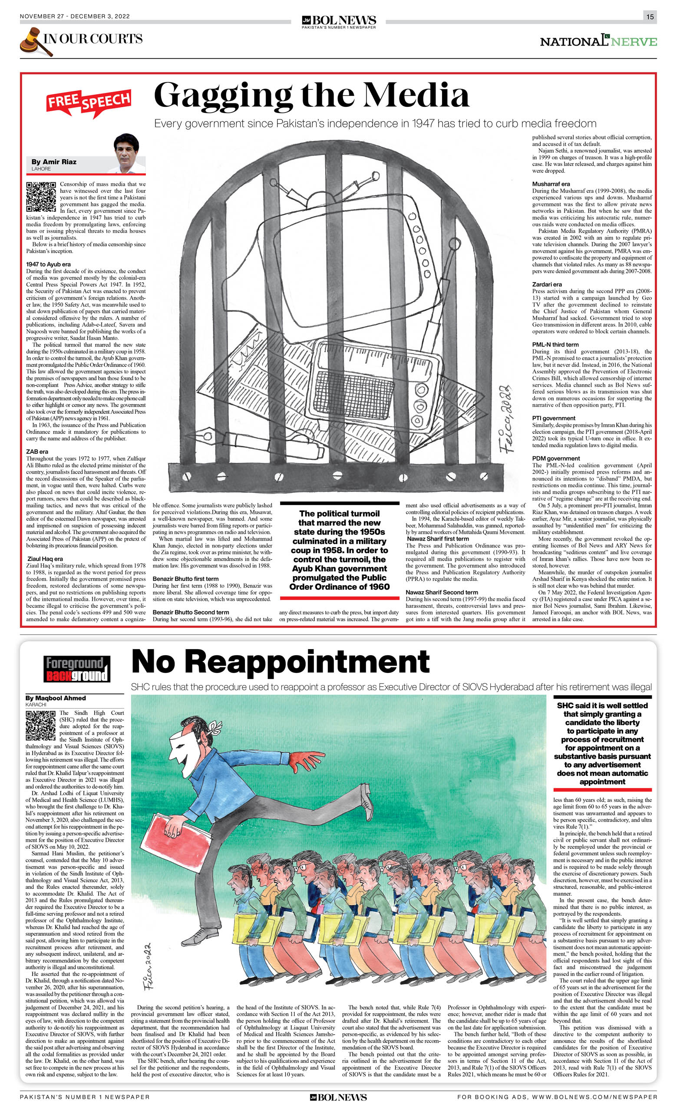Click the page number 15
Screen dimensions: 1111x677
(x=650, y=16)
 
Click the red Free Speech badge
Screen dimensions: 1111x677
(x=89, y=102)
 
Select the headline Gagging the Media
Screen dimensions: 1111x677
(x=311, y=96)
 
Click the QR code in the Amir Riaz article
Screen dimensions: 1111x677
(x=40, y=197)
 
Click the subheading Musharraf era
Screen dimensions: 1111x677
(x=551, y=184)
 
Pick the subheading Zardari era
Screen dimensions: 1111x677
(x=547, y=284)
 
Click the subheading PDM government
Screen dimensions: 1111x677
(x=556, y=458)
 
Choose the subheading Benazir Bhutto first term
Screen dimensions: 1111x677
(x=185, y=578)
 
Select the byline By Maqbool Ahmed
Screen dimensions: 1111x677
(x=56, y=698)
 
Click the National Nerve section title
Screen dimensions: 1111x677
(x=598, y=42)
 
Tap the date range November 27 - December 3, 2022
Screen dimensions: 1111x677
(x=75, y=16)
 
